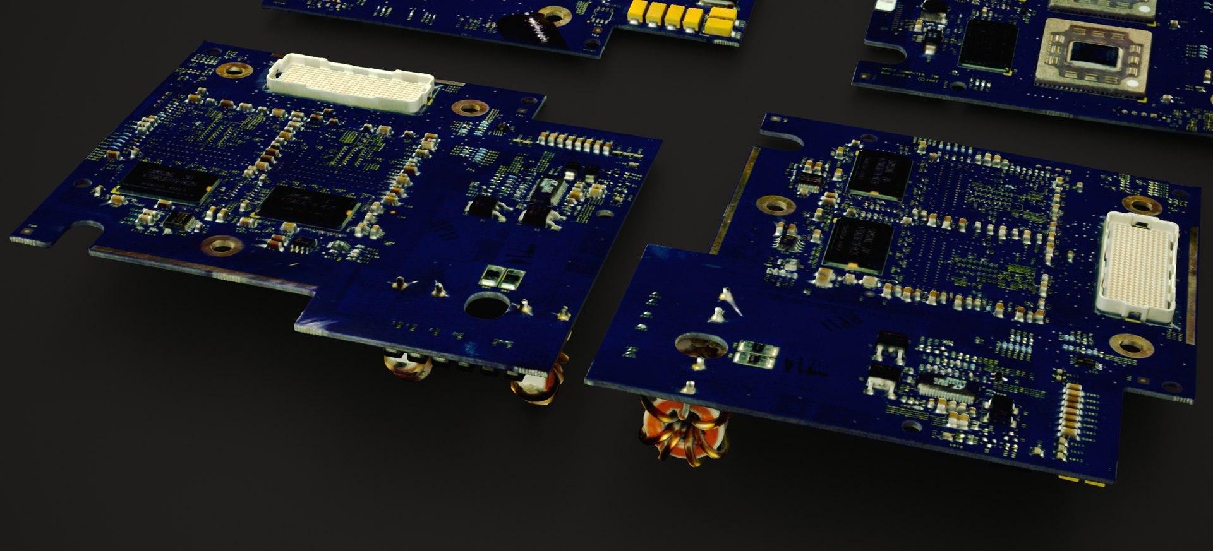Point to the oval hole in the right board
pyautogui.click(x=701, y=345)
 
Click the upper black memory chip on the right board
pyautogui.click(x=879, y=174)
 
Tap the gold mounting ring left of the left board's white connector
pyautogui.click(x=234, y=69)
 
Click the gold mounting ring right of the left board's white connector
pyautogui.click(x=469, y=108)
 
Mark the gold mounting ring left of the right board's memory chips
pyautogui.click(x=775, y=204)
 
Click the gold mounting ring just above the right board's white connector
pyautogui.click(x=1142, y=204)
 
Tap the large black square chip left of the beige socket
pyautogui.click(x=987, y=44)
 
